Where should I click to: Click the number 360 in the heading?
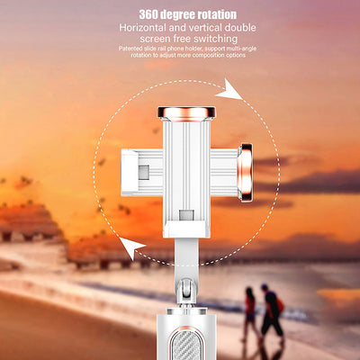click(148, 14)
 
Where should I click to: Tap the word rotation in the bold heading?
click(217, 14)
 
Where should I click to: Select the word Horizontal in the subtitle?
click(142, 28)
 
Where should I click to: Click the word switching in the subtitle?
click(215, 39)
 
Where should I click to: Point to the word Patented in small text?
click(129, 49)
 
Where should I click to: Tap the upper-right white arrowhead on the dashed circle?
click(229, 89)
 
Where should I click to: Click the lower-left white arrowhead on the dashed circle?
click(131, 247)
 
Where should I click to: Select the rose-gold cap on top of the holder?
click(186, 112)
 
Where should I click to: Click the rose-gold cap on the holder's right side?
click(246, 172)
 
